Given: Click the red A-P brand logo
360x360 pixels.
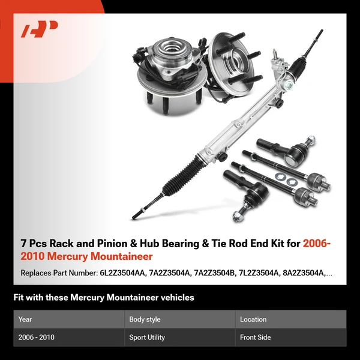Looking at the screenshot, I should (39, 29).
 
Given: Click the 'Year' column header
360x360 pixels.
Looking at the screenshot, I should (25, 319).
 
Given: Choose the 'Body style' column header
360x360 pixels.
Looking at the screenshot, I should (145, 319).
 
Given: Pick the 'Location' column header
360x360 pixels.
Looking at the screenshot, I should (253, 319).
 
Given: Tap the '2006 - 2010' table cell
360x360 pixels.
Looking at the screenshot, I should (37, 337).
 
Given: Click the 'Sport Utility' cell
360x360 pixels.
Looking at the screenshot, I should (147, 337).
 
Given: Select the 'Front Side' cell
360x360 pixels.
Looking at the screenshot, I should (256, 337).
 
